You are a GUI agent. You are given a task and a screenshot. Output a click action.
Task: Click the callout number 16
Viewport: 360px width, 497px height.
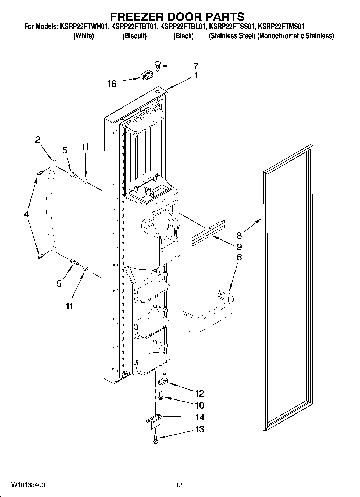point(112,84)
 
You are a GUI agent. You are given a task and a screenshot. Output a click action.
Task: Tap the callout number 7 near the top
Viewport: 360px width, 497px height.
point(196,66)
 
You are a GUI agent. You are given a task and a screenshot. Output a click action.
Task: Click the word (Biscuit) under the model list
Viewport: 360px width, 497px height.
point(134,36)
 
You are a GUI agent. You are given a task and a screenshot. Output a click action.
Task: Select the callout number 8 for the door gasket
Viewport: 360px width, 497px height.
point(239,235)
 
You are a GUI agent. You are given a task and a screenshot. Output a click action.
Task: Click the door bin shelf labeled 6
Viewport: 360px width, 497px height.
point(208,312)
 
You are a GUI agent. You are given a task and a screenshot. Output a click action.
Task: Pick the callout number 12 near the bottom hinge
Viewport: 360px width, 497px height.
point(200,393)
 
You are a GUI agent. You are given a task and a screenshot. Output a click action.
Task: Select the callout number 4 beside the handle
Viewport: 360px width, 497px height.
point(26,214)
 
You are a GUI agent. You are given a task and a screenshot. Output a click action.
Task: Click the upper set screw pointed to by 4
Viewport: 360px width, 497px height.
point(40,174)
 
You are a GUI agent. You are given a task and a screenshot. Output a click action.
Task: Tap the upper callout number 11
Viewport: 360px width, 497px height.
point(85,147)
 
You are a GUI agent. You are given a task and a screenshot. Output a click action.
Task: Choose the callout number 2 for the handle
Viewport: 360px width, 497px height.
point(38,139)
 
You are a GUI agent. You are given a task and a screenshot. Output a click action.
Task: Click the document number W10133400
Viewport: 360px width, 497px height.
point(28,485)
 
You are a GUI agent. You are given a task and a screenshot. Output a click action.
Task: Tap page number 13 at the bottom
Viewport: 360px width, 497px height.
point(179,485)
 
